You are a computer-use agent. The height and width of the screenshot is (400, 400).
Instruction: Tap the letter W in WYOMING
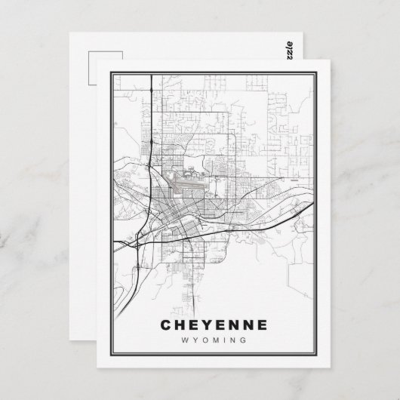click(186, 340)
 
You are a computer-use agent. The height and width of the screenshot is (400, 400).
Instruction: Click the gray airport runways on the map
click(186, 181)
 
